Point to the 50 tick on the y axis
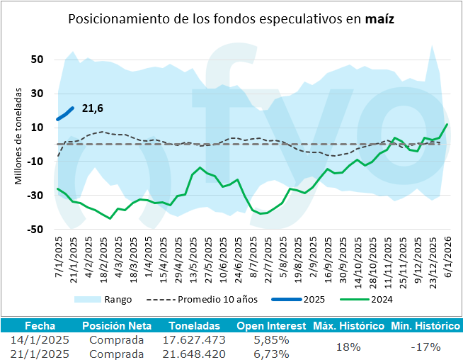[x=38, y=60]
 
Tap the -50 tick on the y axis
[x=35, y=230]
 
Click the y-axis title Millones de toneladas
[x=20, y=136]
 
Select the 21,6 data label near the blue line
[x=93, y=108]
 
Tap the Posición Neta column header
[x=116, y=326]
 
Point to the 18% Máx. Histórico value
[x=348, y=347]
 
